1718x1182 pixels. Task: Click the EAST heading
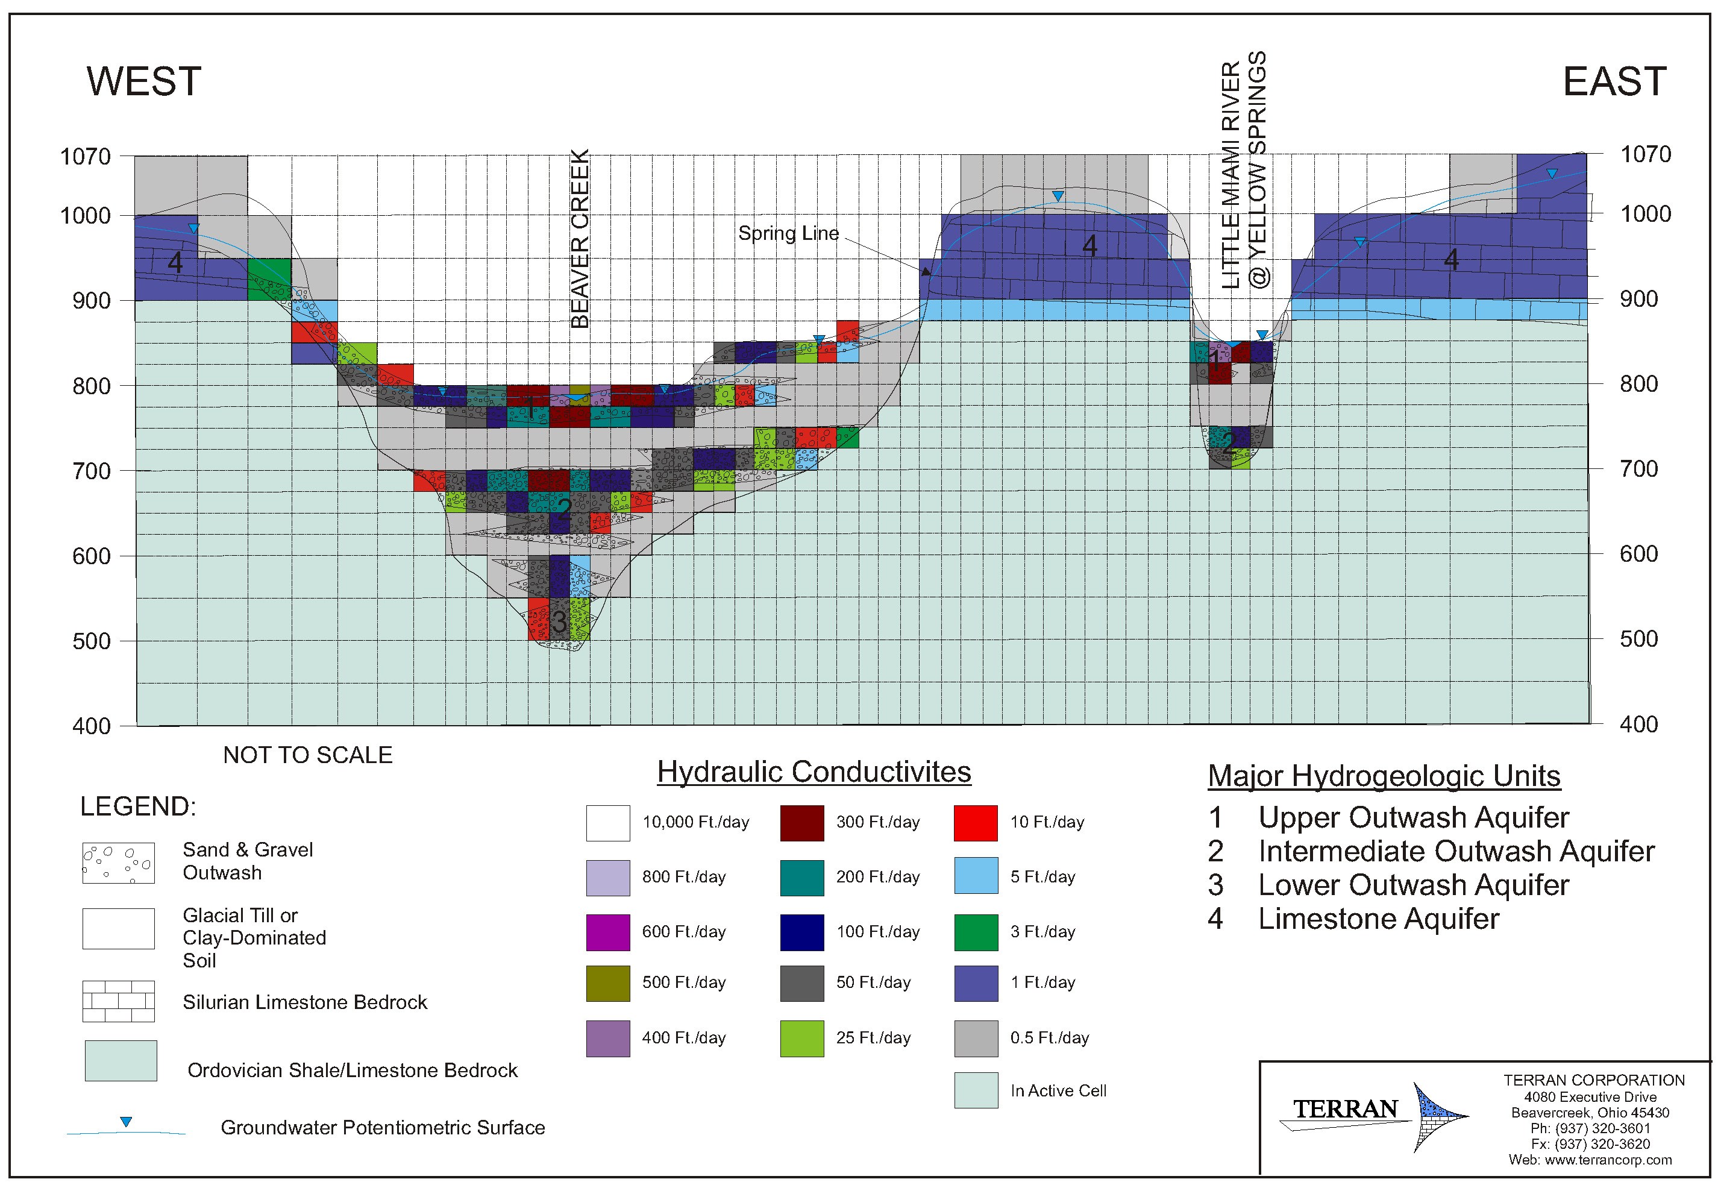point(1614,81)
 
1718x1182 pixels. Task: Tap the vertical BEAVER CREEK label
point(580,239)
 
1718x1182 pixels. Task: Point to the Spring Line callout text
point(788,233)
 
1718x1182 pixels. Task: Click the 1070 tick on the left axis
point(85,156)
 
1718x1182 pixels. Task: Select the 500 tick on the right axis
point(1638,638)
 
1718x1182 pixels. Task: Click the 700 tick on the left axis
point(91,471)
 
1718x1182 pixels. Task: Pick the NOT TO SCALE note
point(307,755)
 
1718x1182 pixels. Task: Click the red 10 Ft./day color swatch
point(975,823)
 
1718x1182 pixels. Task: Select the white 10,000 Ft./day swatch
point(607,823)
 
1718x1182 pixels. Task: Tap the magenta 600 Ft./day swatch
point(607,932)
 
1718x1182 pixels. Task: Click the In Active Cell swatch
point(975,1090)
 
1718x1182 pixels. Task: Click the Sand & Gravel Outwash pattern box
point(119,863)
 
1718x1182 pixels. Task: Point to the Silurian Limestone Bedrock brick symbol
point(119,1001)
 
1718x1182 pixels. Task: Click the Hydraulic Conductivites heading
point(814,772)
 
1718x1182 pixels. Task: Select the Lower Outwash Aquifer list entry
point(1412,885)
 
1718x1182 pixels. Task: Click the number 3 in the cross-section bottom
point(560,621)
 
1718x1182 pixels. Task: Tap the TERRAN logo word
point(1344,1108)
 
